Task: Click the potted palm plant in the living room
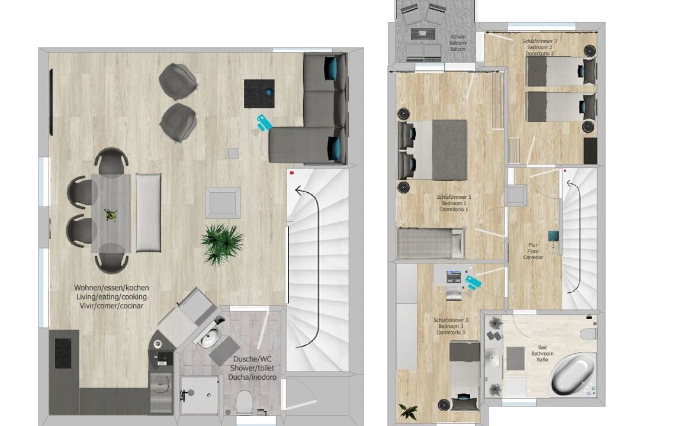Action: coord(222,243)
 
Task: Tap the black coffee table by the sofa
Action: coord(259,93)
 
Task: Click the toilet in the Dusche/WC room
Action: coord(244,401)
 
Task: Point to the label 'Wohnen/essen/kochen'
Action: coord(111,288)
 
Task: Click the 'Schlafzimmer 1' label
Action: coord(454,197)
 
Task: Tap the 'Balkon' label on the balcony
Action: coord(458,37)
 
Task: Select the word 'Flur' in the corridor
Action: coord(533,245)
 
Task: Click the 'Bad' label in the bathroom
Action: coord(542,347)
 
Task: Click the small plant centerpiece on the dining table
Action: coord(111,214)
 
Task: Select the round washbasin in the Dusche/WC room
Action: coord(211,337)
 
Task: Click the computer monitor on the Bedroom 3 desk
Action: coord(454,276)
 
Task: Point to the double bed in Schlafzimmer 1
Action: coord(432,150)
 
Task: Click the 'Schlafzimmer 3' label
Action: coord(451,320)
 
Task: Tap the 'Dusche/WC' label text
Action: coord(252,359)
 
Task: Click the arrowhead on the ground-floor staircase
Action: coord(299,189)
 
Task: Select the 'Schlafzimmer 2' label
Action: coord(540,41)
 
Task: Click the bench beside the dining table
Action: coord(149,212)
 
